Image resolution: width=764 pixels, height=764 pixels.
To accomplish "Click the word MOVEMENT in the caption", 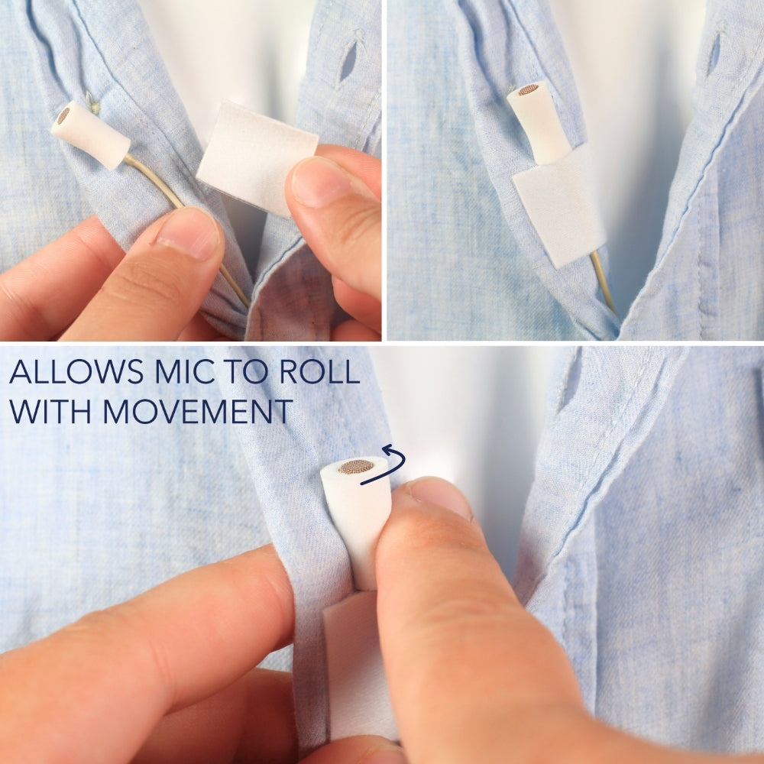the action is click(198, 412).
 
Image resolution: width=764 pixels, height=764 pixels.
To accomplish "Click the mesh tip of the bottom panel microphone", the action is click(356, 466).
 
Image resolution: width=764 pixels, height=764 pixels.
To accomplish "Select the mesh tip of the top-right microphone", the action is click(528, 89).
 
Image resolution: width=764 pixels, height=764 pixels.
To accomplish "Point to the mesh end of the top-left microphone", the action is click(63, 115).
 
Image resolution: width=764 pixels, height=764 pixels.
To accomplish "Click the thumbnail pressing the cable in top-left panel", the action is click(188, 233).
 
